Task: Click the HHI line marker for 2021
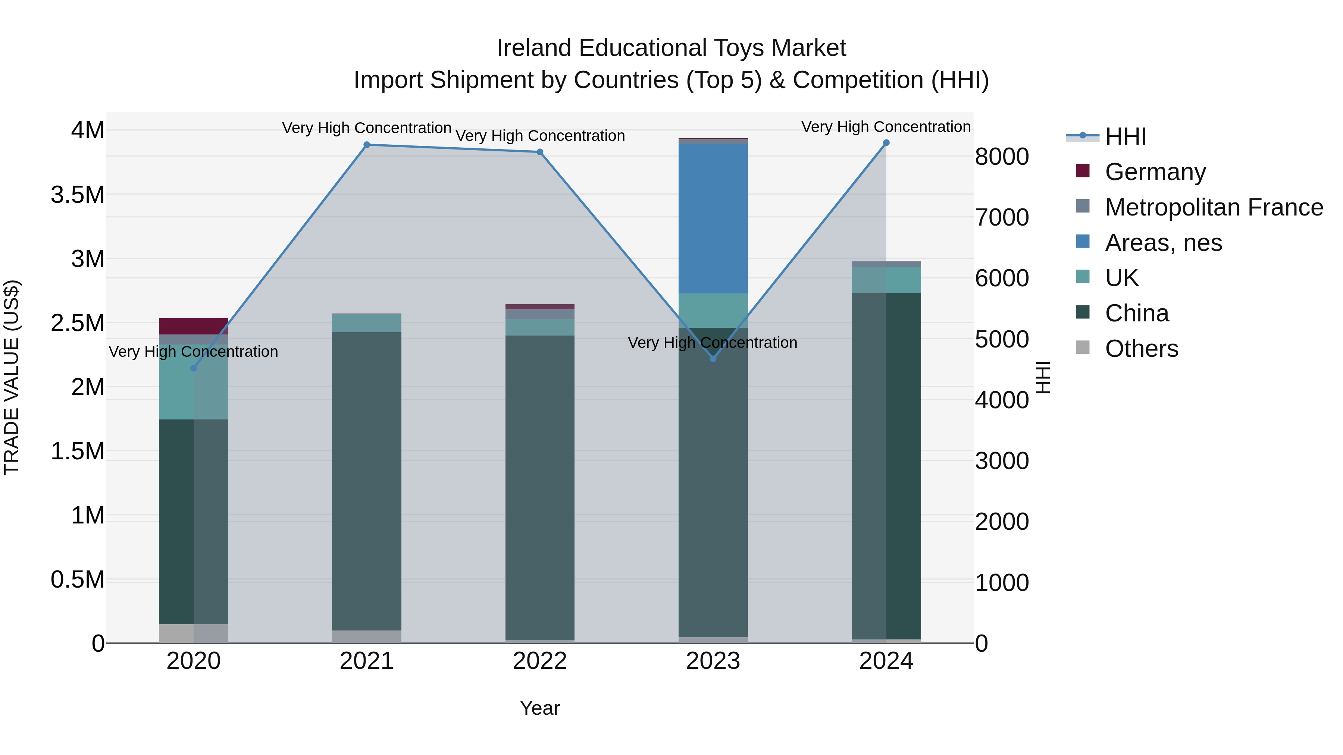click(366, 145)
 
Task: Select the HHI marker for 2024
click(886, 143)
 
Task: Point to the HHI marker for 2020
click(193, 368)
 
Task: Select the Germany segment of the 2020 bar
click(193, 326)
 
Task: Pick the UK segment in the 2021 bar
click(366, 323)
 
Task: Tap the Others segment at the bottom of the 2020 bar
click(193, 633)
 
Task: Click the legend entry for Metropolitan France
click(1213, 207)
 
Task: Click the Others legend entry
click(1141, 349)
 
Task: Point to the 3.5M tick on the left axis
click(78, 195)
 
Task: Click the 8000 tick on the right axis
click(1002, 157)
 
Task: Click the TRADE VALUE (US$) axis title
click(12, 377)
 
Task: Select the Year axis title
click(539, 708)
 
